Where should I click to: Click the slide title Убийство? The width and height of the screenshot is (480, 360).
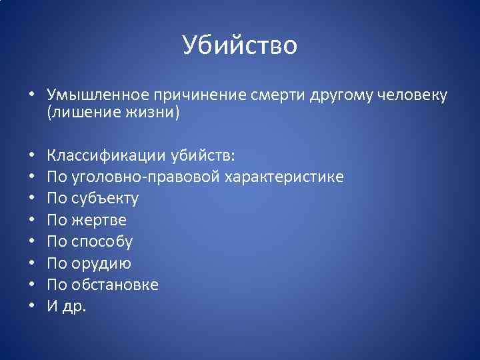click(239, 45)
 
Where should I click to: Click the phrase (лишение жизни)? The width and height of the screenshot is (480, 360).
click(113, 112)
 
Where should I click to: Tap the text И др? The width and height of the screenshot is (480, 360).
click(67, 306)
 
